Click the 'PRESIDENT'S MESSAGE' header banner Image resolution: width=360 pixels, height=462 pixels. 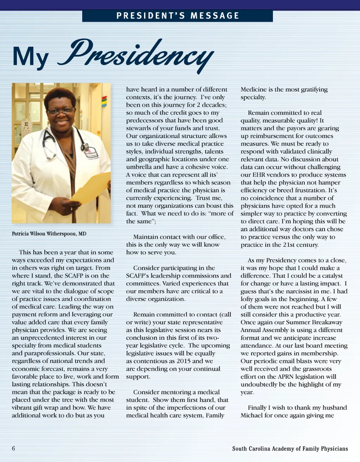[x=178, y=16]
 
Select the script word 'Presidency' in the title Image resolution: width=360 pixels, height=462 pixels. [x=137, y=54]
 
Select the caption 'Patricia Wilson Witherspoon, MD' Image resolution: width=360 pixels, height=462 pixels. [x=49, y=233]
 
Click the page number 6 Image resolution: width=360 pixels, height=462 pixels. [x=13, y=448]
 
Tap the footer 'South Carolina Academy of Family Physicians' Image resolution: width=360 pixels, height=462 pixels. [x=290, y=449]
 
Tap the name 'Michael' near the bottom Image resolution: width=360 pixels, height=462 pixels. [x=252, y=415]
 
